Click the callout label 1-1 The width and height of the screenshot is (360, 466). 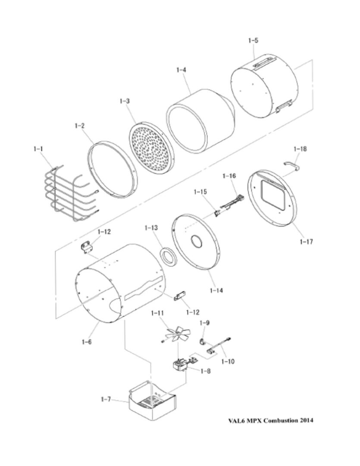[x=38, y=148]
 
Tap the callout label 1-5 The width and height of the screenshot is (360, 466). [x=253, y=41]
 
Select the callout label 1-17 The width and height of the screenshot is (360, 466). [x=306, y=242]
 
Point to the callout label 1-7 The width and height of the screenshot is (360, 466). [x=106, y=399]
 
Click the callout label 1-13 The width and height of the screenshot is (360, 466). [x=151, y=228]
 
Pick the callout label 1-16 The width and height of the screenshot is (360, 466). [x=229, y=176]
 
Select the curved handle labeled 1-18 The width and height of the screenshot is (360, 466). [x=292, y=166]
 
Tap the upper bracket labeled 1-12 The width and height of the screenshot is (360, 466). [x=87, y=247]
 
